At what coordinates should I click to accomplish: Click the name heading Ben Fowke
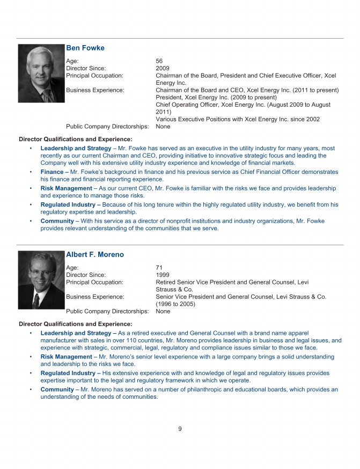[85, 48]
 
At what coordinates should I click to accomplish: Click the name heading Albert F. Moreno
[95, 254]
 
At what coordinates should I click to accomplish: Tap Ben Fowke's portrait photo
[41, 73]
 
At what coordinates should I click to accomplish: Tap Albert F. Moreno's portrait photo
[41, 280]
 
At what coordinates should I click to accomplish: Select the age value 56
[159, 61]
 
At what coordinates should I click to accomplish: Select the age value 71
[159, 267]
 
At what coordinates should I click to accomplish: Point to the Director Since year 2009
[163, 69]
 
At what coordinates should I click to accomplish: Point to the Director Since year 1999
[163, 275]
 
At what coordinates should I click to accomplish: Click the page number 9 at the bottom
[180, 428]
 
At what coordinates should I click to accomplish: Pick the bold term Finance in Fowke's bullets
[52, 172]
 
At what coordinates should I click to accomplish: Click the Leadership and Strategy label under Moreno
[76, 333]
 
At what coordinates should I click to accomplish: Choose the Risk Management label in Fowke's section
[67, 188]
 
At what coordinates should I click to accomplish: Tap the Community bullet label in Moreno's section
[57, 390]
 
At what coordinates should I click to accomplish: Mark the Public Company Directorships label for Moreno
[107, 311]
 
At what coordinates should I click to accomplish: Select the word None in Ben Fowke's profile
[163, 127]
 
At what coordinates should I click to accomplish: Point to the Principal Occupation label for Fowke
[94, 76]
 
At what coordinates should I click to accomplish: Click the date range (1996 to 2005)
[175, 304]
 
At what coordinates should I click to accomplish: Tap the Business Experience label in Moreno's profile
[95, 296]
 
